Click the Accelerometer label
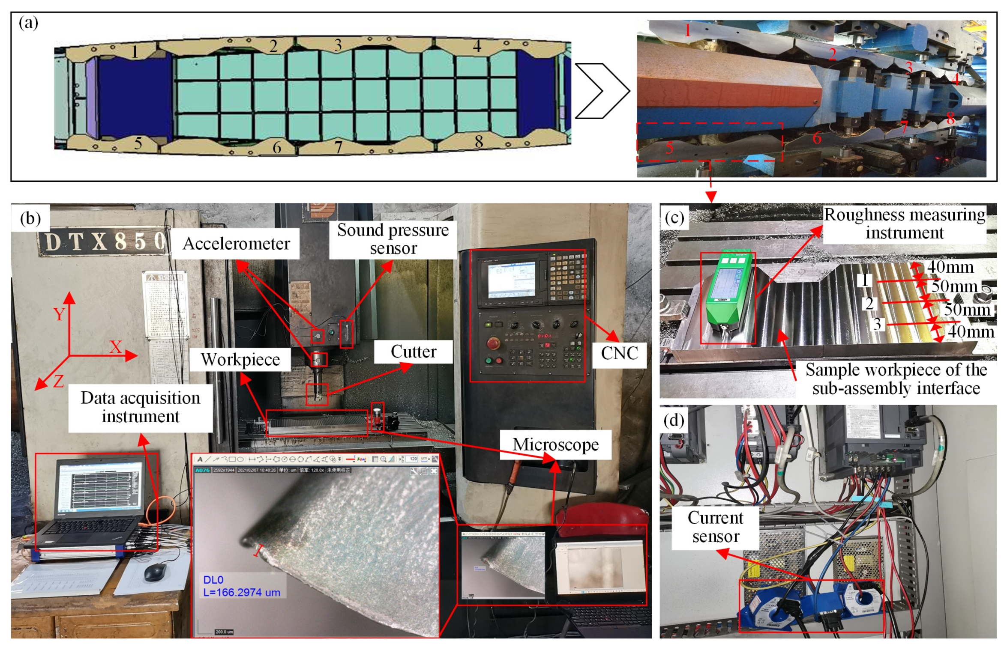[236, 244]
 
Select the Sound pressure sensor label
[393, 239]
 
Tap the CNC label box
[619, 353]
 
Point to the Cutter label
[413, 352]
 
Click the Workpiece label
[240, 359]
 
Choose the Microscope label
[555, 444]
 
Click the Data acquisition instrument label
[140, 407]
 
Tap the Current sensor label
[715, 527]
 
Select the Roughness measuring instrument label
[904, 224]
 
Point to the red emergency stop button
[493, 343]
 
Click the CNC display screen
[512, 279]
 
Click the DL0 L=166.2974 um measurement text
[241, 586]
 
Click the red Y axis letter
[59, 315]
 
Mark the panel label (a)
[28, 23]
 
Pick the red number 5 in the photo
[669, 148]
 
